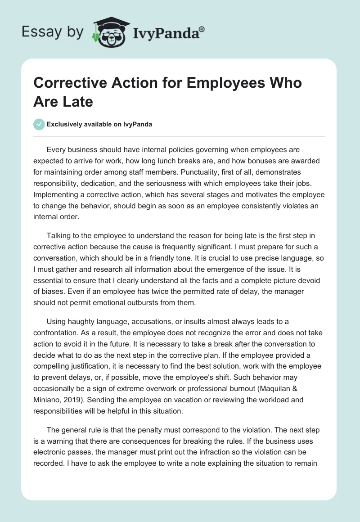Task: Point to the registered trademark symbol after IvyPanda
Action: point(202,29)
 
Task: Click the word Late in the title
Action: point(77,101)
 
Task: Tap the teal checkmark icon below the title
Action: point(39,124)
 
